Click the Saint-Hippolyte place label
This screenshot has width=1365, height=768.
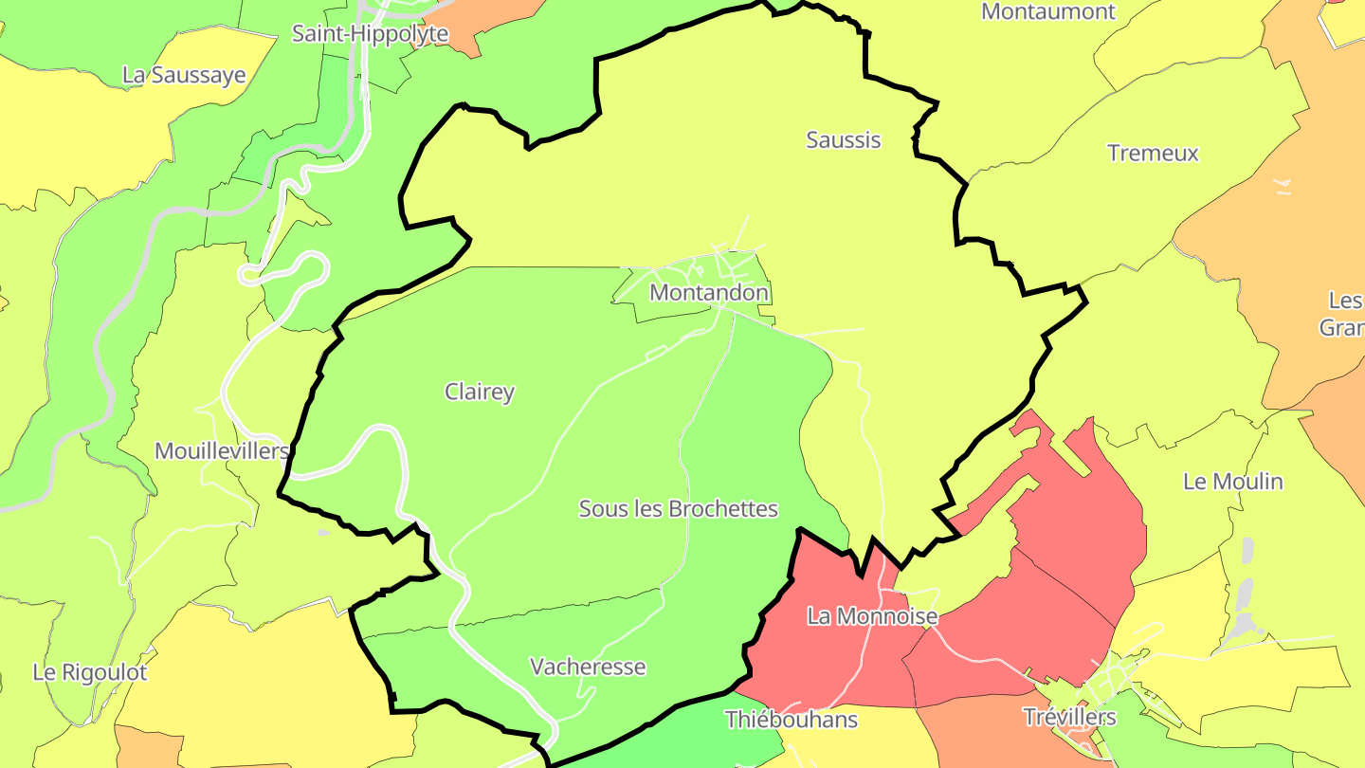(x=370, y=34)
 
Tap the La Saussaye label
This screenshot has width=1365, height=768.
(x=184, y=76)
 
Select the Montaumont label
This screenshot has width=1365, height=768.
(x=1048, y=12)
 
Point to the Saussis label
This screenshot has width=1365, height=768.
(x=843, y=140)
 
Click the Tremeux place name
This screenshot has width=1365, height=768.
(x=1153, y=154)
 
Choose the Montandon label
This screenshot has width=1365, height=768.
(x=708, y=294)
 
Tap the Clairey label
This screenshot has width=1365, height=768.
(x=480, y=393)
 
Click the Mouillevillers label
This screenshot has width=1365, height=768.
(x=221, y=451)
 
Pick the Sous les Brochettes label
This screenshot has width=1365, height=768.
(x=678, y=509)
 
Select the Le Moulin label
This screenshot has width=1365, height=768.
(x=1232, y=482)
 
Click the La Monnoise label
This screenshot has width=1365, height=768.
(x=872, y=617)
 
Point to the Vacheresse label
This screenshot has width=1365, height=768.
(x=588, y=667)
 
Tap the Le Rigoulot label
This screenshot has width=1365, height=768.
(x=90, y=673)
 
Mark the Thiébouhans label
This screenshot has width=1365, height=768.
(x=791, y=720)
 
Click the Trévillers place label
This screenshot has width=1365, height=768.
(x=1069, y=718)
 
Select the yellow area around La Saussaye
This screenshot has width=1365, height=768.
(x=85, y=133)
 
